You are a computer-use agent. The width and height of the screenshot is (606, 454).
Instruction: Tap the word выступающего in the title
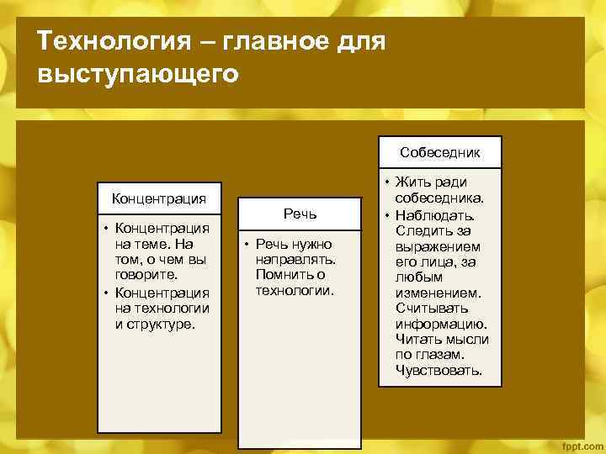coord(138,74)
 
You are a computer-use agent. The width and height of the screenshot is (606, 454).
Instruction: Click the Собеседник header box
coord(440,152)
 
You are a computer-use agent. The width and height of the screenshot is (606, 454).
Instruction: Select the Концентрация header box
coord(159,198)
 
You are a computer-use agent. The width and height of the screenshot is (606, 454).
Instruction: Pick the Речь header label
coord(300,214)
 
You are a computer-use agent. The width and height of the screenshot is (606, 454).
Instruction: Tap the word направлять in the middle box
coord(295,259)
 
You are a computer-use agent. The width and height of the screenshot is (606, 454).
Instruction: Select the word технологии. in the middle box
coord(295,291)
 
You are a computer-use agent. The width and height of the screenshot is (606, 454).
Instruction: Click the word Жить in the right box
coord(410,182)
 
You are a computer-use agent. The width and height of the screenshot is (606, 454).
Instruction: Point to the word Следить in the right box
coord(423,230)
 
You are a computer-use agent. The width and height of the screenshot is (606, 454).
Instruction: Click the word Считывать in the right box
coord(432,309)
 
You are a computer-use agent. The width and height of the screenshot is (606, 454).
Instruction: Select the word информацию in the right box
coord(440,324)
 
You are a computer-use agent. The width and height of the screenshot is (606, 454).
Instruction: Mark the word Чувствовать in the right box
coord(439,370)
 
